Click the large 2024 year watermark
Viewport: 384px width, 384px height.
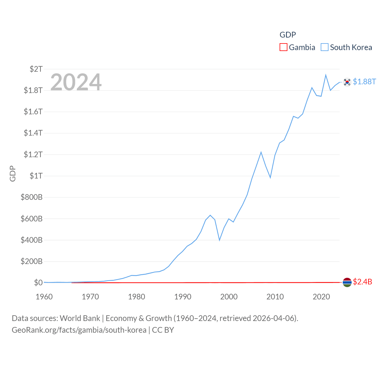pyautogui.click(x=76, y=82)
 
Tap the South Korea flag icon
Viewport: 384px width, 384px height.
pyautogui.click(x=347, y=82)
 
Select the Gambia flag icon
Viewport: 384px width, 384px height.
pyautogui.click(x=347, y=282)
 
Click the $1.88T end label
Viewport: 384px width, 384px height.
pyautogui.click(x=364, y=82)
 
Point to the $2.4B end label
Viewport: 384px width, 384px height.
pyautogui.click(x=362, y=282)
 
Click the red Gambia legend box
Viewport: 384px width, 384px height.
pyautogui.click(x=283, y=47)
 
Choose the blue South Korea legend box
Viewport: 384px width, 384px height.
pyautogui.click(x=325, y=47)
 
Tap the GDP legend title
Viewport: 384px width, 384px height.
pyautogui.click(x=288, y=35)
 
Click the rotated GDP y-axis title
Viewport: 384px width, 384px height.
pyautogui.click(x=13, y=173)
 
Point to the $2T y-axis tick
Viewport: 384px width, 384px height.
pyautogui.click(x=36, y=69)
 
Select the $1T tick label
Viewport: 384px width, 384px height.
pyautogui.click(x=36, y=176)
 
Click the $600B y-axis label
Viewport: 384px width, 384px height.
pyautogui.click(x=31, y=219)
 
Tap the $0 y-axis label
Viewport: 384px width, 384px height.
pyautogui.click(x=38, y=283)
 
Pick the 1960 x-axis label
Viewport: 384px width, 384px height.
pyautogui.click(x=44, y=297)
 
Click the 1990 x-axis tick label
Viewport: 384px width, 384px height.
pyautogui.click(x=183, y=297)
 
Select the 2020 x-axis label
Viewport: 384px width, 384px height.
pyautogui.click(x=321, y=297)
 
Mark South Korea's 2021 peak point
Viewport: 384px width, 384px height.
pyautogui.click(x=326, y=75)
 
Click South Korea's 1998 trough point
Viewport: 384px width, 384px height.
pyautogui.click(x=220, y=240)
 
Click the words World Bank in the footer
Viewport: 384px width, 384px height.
pyautogui.click(x=80, y=318)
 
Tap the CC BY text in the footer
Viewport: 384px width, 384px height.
pyautogui.click(x=163, y=330)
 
